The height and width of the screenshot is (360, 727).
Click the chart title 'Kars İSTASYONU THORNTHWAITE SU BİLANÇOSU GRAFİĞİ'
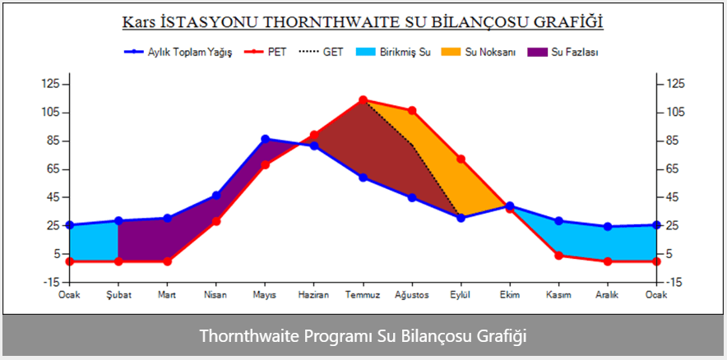363,22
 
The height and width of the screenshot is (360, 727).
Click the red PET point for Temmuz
363,100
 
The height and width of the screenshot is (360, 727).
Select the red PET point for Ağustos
412,110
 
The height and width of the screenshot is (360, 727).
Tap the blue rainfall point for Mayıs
265,139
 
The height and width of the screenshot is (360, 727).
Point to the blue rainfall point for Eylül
461,218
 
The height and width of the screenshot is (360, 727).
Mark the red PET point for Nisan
216,221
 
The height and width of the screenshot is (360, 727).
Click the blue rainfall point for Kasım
558,220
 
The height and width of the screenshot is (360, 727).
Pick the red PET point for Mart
167,261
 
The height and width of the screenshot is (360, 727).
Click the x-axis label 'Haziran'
313,294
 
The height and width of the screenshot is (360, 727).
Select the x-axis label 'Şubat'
118,294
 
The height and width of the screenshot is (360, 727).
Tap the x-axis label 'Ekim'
510,294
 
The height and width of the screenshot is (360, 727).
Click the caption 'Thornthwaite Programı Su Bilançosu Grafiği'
363,337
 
